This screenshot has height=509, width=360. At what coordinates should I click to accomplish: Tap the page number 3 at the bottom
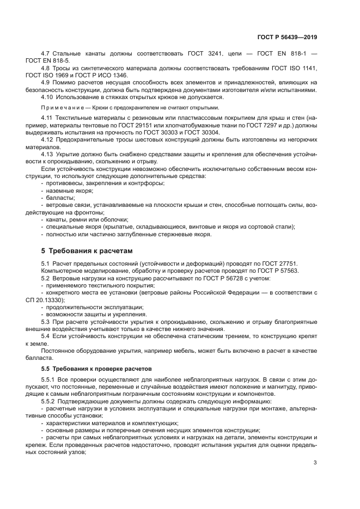tap(315, 463)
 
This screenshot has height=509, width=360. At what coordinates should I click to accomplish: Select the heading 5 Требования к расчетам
tap(87, 251)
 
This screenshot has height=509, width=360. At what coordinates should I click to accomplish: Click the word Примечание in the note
tap(62, 107)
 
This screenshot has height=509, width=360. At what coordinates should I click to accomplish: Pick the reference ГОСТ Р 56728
tap(200, 278)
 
